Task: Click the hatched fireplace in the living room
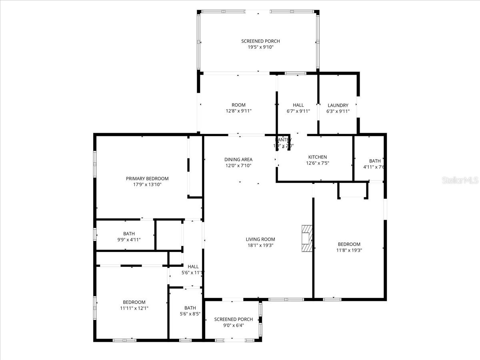tap(306, 238)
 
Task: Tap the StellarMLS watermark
tap(460, 180)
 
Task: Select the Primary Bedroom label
tap(147, 179)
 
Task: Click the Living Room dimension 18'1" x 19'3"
tap(260, 246)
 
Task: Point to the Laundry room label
tap(338, 106)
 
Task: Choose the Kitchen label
tap(318, 157)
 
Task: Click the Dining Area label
tap(238, 160)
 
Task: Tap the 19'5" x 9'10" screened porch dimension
tap(260, 47)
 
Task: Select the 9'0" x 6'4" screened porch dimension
tap(234, 326)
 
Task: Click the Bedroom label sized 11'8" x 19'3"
tap(349, 244)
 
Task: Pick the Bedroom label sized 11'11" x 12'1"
tap(134, 302)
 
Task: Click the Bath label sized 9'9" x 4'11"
tap(129, 234)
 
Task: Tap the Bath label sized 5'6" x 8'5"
tap(190, 308)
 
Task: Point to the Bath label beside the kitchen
tap(375, 161)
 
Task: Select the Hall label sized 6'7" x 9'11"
tap(298, 105)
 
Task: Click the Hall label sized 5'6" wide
tap(193, 267)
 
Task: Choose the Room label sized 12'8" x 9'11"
tap(238, 105)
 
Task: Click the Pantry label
tap(284, 140)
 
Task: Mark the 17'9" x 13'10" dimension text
tap(147, 185)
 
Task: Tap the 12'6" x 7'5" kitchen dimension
tap(318, 163)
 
